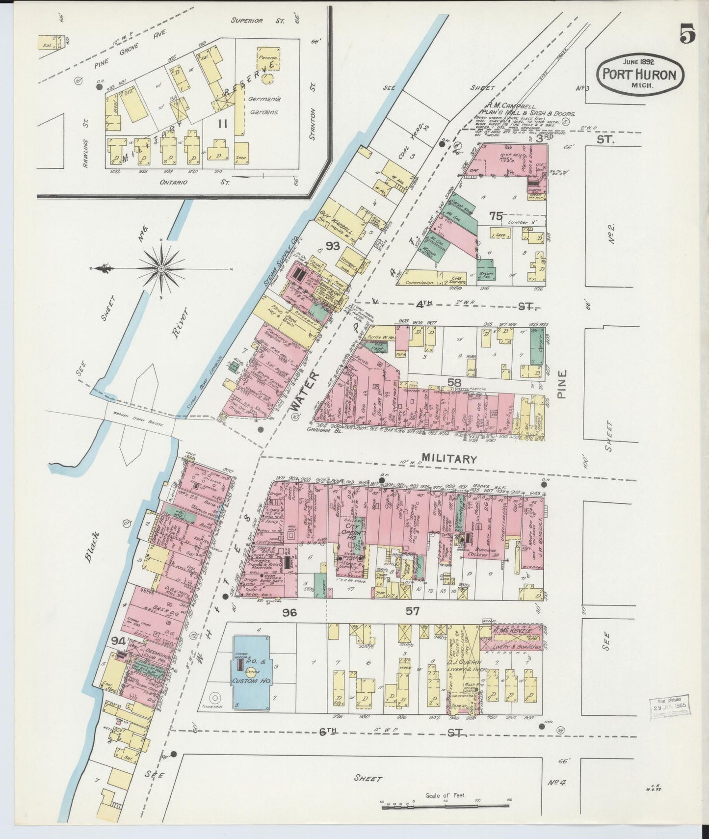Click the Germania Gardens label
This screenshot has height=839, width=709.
coord(265,105)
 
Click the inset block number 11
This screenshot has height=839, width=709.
coord(223,124)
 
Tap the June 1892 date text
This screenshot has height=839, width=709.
coord(640,62)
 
